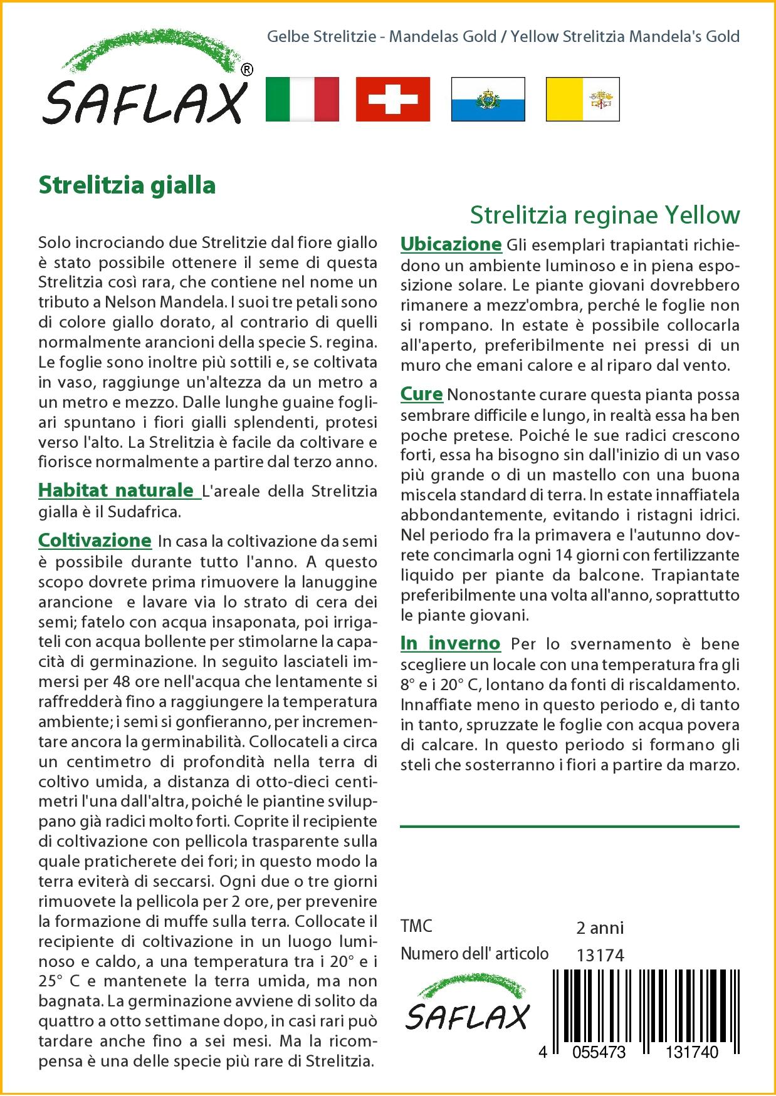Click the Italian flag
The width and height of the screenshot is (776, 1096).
(x=302, y=99)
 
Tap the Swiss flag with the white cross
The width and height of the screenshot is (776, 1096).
(x=393, y=99)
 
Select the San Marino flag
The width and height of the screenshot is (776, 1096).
(x=488, y=99)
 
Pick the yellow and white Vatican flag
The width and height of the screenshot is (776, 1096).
(x=582, y=99)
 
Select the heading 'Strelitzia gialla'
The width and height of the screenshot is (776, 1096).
(x=127, y=185)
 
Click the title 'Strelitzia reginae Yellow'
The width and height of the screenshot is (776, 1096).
(x=605, y=215)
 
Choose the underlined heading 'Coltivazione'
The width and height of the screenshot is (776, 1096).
(x=95, y=540)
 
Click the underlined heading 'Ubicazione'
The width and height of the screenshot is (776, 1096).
(x=451, y=244)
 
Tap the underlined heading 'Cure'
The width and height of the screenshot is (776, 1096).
(x=421, y=395)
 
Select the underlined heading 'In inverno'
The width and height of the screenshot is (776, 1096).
(x=450, y=643)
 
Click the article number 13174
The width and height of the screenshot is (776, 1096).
(x=600, y=955)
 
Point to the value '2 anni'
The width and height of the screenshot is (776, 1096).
(x=600, y=928)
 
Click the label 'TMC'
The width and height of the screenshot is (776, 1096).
(x=416, y=927)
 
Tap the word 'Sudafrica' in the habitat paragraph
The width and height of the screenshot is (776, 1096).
(x=144, y=512)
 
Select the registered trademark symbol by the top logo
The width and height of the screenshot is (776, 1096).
(x=247, y=70)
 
